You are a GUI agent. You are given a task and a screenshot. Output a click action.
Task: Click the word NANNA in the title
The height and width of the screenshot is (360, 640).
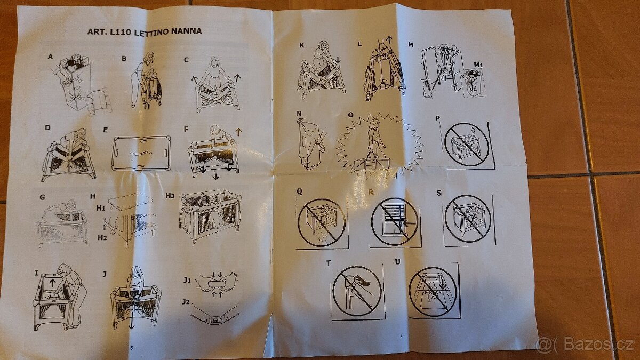(186, 31)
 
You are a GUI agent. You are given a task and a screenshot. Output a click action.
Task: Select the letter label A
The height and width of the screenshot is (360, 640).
(50, 57)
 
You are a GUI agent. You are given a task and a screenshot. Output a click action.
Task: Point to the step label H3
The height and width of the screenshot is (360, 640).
(170, 196)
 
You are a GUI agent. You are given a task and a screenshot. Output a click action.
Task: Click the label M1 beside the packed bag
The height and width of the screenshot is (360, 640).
(478, 65)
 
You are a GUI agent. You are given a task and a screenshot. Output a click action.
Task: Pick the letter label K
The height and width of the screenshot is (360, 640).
(302, 45)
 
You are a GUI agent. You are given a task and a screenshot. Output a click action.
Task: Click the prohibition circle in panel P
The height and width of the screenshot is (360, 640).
(466, 145)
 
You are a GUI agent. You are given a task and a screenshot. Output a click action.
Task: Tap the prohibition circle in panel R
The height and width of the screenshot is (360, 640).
(395, 221)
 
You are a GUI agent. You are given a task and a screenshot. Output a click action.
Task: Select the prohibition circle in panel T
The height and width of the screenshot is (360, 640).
(357, 291)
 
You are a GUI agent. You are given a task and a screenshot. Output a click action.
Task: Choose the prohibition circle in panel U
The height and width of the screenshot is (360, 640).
(433, 292)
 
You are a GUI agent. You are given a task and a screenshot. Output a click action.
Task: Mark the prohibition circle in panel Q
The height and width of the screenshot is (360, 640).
(322, 222)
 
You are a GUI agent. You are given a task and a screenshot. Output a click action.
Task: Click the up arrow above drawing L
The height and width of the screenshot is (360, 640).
(389, 39)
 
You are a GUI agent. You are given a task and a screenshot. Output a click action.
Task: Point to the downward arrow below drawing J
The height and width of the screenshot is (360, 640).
(131, 322)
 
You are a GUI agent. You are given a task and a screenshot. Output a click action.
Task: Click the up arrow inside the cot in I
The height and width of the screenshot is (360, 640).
(52, 283)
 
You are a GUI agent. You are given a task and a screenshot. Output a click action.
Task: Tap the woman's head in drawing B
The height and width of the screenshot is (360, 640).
(149, 58)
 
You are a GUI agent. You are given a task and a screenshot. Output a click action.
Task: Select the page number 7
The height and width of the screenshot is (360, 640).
(401, 337)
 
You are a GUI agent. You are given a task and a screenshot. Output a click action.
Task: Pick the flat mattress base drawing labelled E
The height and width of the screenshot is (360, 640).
(141, 153)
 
